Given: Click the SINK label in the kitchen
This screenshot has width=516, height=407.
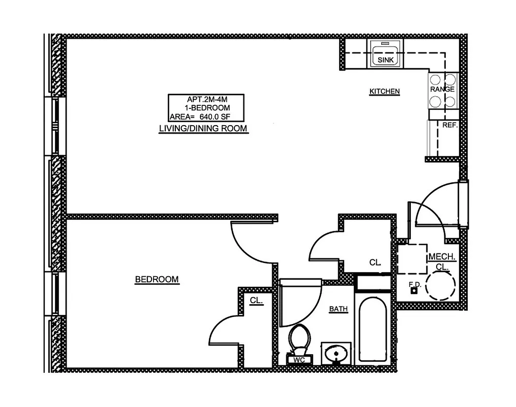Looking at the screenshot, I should (386, 60).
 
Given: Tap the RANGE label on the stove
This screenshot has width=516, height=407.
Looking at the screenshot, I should (442, 89).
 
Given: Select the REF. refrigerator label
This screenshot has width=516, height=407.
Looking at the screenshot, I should (450, 125).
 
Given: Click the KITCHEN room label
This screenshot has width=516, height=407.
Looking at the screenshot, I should (384, 92).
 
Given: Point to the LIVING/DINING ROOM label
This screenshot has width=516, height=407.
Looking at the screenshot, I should (203, 129).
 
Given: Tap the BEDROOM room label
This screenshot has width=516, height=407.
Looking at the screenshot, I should (157, 279).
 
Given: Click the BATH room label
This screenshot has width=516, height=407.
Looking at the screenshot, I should (338, 309).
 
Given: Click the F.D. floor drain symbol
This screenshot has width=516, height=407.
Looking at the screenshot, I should (414, 291).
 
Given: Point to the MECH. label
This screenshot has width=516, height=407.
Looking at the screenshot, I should (441, 257).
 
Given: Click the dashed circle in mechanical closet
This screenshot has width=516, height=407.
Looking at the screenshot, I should (440, 285).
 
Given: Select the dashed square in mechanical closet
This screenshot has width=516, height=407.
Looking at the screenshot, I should (411, 259).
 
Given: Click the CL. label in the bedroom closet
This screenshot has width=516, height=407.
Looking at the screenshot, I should (256, 301).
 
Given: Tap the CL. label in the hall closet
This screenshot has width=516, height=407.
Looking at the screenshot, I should (375, 263).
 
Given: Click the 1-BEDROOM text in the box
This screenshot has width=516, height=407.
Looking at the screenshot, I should (207, 108).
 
